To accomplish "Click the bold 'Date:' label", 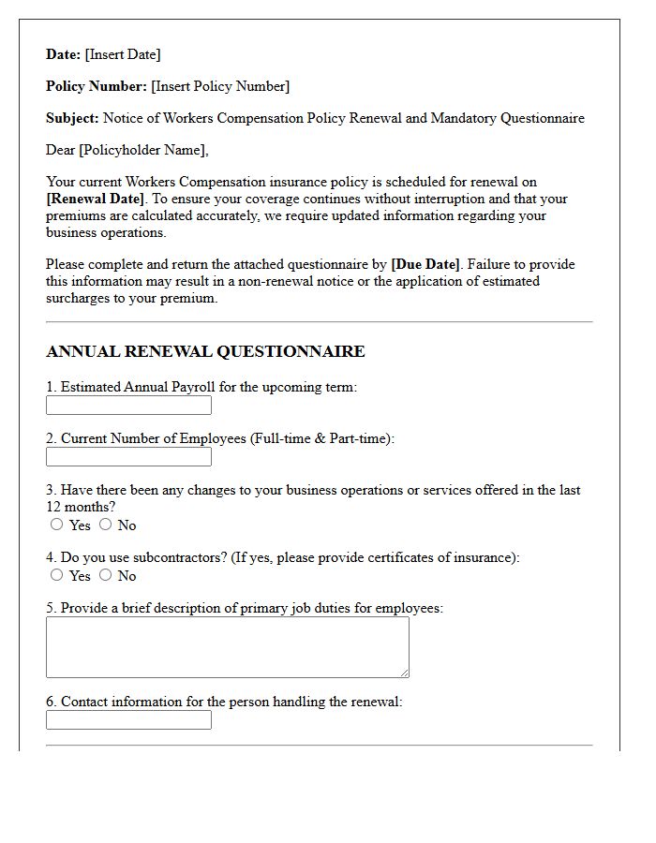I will [63, 54].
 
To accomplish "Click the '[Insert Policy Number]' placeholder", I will [220, 86].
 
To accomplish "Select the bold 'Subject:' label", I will [72, 118].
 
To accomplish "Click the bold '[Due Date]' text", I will [425, 264].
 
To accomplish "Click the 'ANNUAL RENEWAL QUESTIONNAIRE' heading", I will [205, 352].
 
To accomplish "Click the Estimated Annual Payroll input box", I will [128, 406].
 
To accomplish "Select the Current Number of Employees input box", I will [128, 457].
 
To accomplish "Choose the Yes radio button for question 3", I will [57, 525].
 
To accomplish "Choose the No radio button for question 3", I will [105, 525].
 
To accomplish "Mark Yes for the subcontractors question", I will [57, 575].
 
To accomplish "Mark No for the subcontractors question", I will [105, 575].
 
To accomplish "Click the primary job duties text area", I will [227, 647].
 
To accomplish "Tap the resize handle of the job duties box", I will [405, 673].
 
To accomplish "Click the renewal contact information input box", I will [128, 720].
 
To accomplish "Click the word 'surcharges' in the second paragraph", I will [79, 298].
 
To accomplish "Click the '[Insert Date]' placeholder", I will [123, 54].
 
